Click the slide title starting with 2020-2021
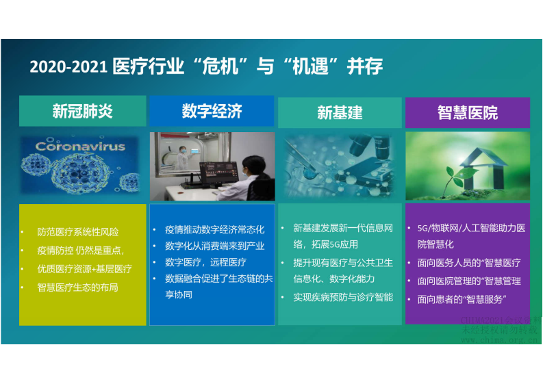tap(205, 66)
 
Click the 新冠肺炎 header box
tap(82, 111)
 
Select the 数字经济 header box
tap(212, 111)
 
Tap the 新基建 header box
tap(340, 112)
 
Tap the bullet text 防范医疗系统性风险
tap(77, 232)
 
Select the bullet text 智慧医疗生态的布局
tap(77, 287)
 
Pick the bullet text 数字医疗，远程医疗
tap(205, 262)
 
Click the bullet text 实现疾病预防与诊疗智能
tap(342, 297)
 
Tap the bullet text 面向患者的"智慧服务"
tap(462, 299)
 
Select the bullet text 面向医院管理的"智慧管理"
tap(469, 281)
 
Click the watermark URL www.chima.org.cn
tap(499, 340)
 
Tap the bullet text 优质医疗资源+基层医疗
tap(84, 269)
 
